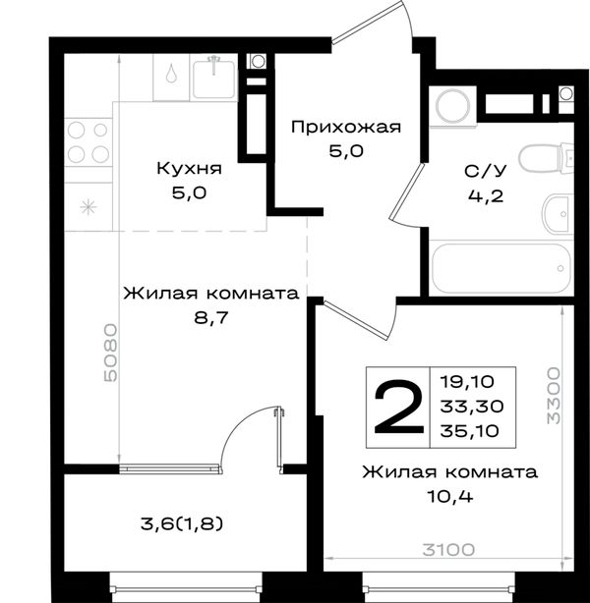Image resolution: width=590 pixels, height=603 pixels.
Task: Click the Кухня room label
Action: point(190,169)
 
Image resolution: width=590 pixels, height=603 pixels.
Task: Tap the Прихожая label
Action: point(346,127)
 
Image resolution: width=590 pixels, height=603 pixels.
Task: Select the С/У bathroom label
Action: point(486,171)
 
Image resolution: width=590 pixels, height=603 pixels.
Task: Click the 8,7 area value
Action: point(211,318)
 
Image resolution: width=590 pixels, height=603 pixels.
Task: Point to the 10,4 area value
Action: point(449,497)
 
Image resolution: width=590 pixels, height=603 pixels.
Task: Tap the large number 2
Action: point(399,408)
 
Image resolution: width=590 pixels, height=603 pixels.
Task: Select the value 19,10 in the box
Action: point(467,382)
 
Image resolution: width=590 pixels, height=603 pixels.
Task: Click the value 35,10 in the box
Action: point(470,431)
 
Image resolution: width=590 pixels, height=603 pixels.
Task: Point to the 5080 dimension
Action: point(110,353)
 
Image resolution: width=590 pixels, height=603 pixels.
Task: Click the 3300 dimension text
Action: point(554,396)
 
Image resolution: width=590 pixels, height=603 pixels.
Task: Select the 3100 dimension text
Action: point(448,550)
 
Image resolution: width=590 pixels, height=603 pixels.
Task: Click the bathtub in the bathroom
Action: point(501,268)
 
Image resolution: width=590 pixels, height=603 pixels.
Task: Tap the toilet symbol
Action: point(546,157)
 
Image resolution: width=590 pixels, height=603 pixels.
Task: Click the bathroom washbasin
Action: point(558,214)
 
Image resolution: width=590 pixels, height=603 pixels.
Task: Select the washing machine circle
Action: point(453,106)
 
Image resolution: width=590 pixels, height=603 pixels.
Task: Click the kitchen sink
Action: point(214,79)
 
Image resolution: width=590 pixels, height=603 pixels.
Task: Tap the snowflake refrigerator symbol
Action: point(88,207)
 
